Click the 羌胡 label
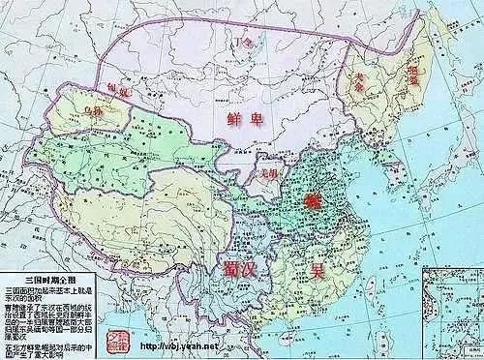pyautogui.click(x=270, y=173)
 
